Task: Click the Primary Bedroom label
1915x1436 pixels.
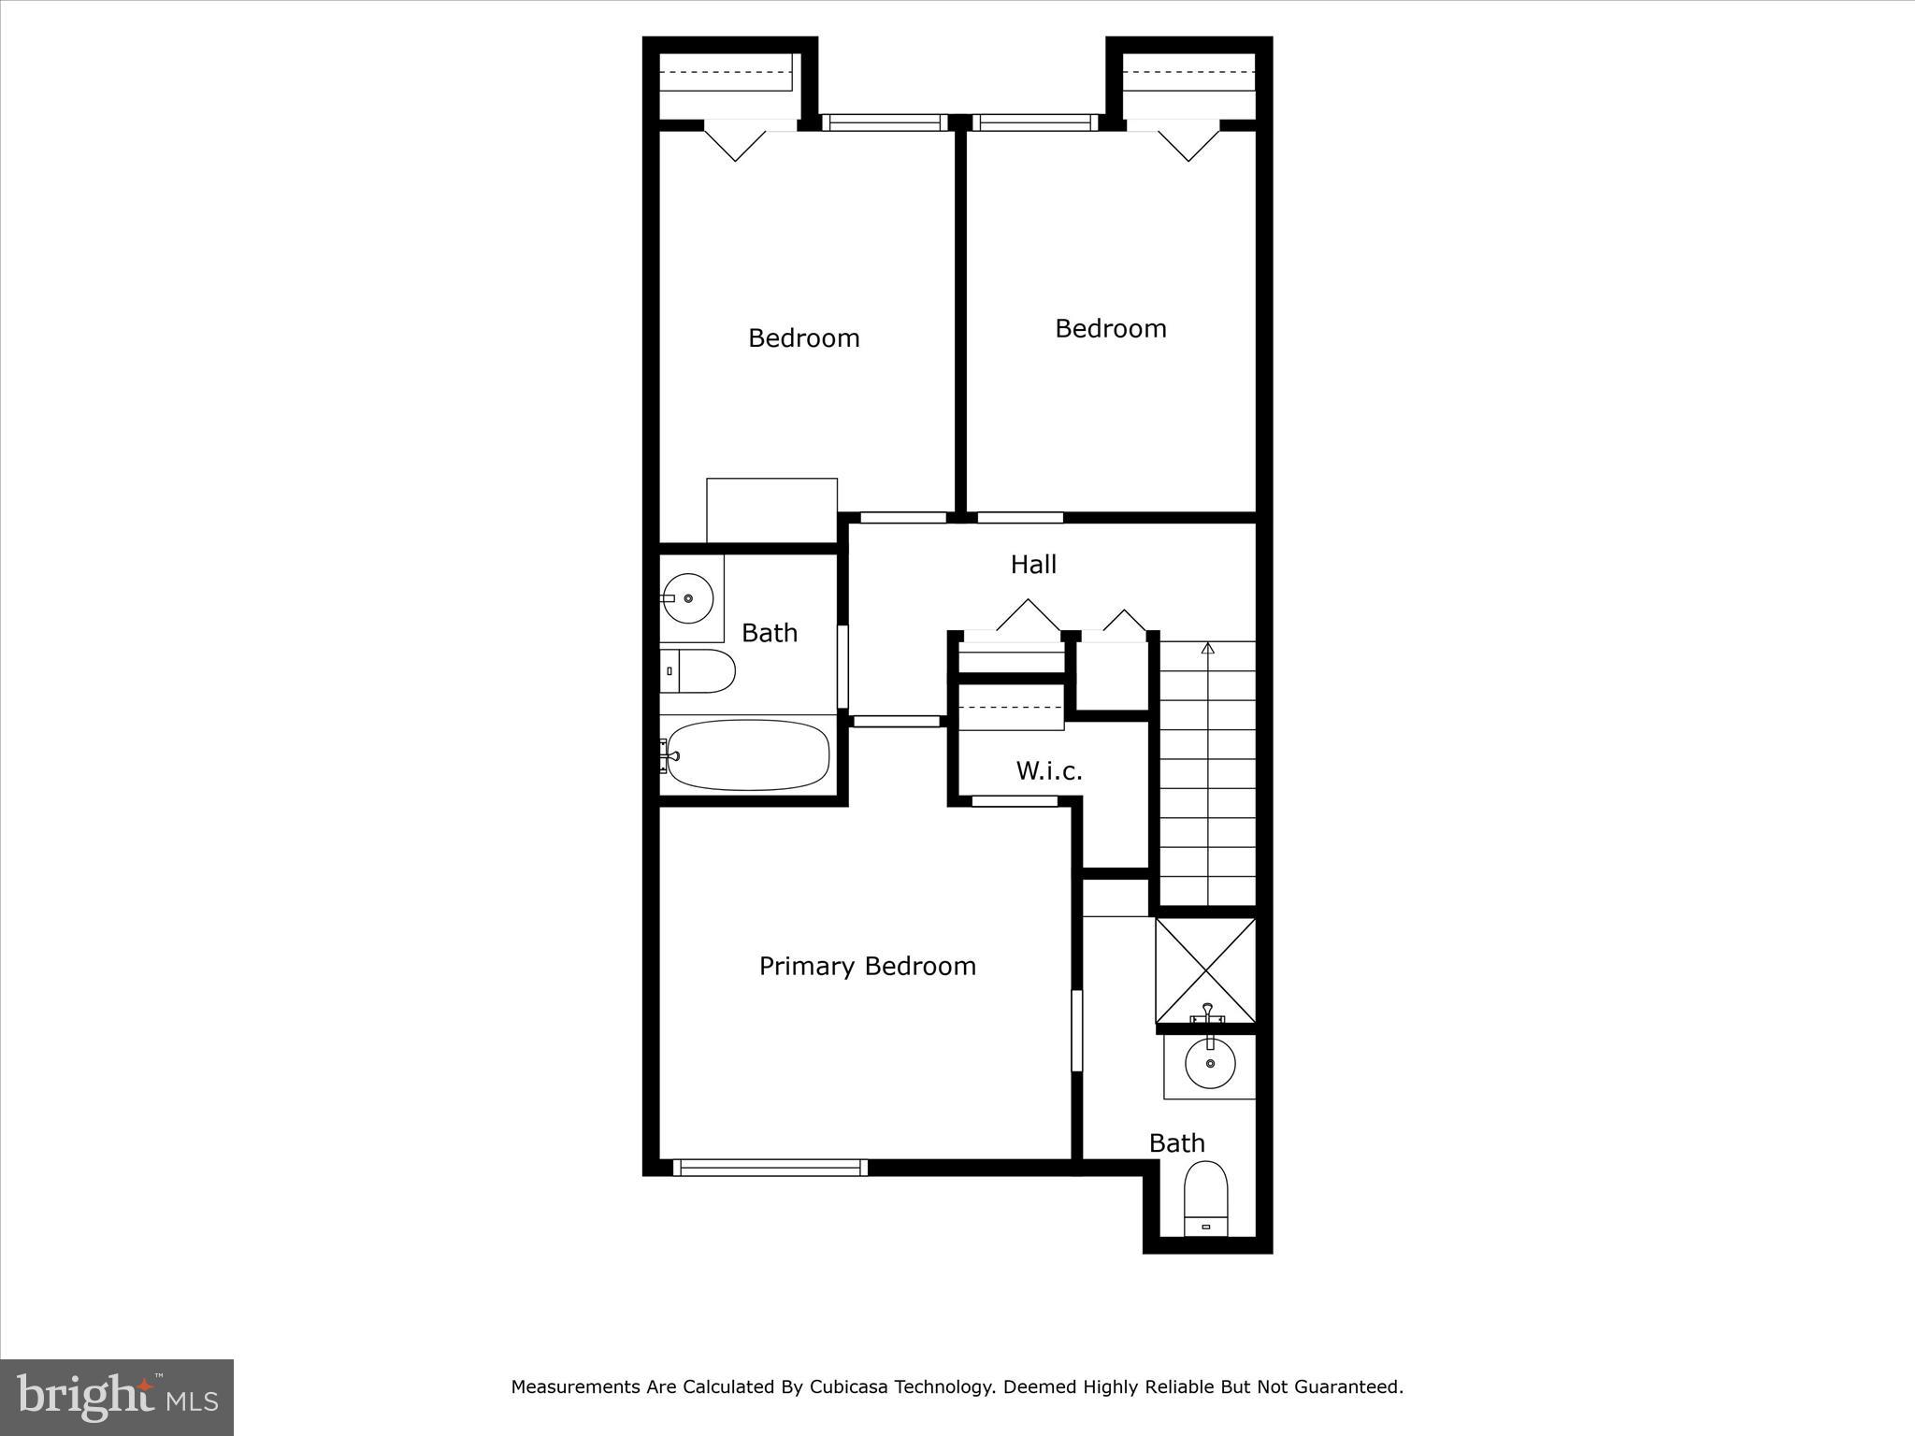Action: tap(867, 966)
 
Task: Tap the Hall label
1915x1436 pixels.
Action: tap(1033, 564)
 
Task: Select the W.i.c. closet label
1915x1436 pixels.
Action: tap(1049, 771)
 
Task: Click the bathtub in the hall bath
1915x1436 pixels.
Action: tap(748, 754)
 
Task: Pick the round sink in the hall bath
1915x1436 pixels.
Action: tap(689, 597)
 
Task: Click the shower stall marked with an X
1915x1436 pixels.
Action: tap(1206, 970)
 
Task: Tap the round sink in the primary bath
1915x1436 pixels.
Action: tap(1210, 1063)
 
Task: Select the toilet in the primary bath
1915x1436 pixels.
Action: tap(1205, 1199)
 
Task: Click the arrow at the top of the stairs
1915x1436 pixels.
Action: tap(1207, 647)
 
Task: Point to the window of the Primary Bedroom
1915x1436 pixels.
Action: tap(770, 1167)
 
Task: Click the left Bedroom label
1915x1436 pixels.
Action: tap(803, 337)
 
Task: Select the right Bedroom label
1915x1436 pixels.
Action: tap(1110, 328)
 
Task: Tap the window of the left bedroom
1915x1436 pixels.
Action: tap(885, 122)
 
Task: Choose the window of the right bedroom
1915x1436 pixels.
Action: tap(1034, 122)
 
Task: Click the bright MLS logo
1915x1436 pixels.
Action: tap(117, 1397)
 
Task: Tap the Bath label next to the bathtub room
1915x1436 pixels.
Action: tap(769, 633)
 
